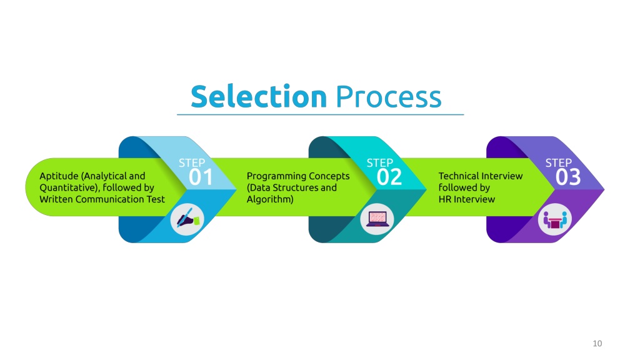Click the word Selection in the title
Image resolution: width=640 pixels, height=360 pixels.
coord(259,96)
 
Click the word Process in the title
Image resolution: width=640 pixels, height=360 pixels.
coord(388,97)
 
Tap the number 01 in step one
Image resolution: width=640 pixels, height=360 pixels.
coord(201,177)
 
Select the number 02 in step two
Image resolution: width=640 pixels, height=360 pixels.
coord(389,177)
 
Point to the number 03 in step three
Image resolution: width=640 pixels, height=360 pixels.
coord(568,177)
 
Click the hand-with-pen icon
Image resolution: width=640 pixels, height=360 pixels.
coord(187,219)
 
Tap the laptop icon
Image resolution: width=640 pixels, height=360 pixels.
coord(377,219)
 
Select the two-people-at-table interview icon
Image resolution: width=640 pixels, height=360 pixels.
coord(555,219)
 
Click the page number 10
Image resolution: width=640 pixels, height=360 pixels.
coord(597,343)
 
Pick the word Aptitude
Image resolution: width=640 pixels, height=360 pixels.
coord(59,176)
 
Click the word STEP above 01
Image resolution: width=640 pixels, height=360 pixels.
coord(192,163)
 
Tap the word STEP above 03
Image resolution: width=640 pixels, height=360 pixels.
coord(559,163)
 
